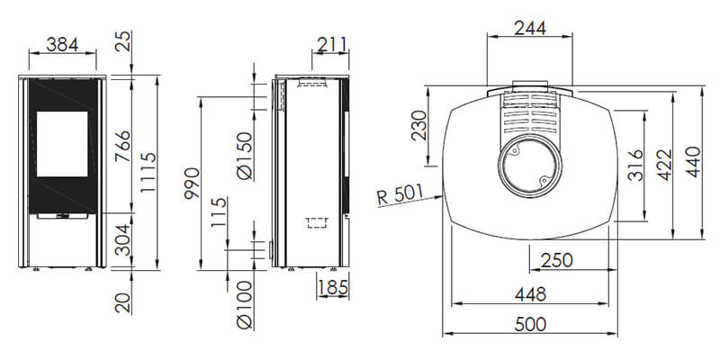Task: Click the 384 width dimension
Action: tap(62, 44)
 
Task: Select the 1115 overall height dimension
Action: tap(148, 173)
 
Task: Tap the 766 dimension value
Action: tap(122, 147)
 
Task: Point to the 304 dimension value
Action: tap(122, 239)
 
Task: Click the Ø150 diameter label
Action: tap(244, 156)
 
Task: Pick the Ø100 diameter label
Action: tap(244, 304)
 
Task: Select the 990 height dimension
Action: tap(192, 184)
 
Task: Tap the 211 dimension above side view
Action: tap(332, 44)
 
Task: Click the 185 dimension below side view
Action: tap(332, 288)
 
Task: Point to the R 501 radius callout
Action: tap(400, 195)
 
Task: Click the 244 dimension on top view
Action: tap(530, 29)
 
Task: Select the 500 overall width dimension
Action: tap(530, 324)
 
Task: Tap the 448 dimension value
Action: tap(530, 294)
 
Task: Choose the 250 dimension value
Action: tap(556, 261)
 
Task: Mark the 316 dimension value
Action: tap(635, 166)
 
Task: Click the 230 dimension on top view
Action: tap(418, 125)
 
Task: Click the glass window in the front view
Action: tap(62, 144)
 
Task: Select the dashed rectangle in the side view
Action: tap(317, 223)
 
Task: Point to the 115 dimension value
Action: tap(219, 212)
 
